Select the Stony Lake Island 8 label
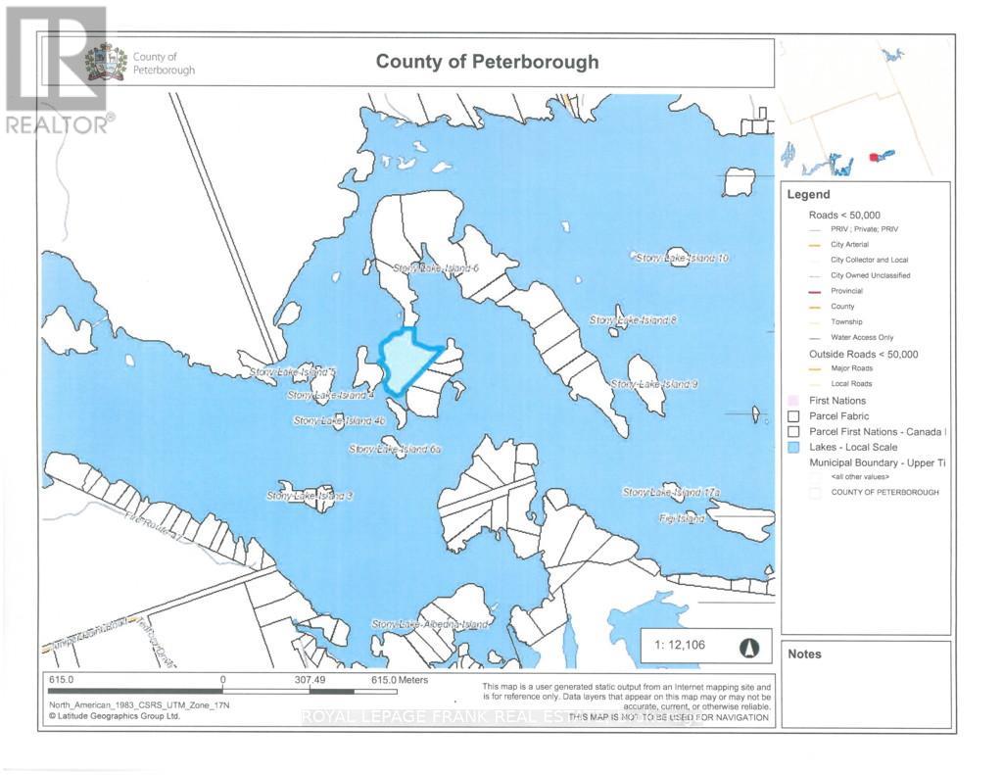[x=633, y=320]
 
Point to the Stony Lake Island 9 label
[x=653, y=384]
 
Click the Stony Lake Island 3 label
[x=309, y=496]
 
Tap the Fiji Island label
[x=682, y=518]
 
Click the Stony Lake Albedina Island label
[x=429, y=624]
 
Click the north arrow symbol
[x=749, y=646]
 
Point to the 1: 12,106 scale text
[x=680, y=646]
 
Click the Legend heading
[x=808, y=194]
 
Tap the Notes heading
[x=804, y=654]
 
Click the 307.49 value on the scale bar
[x=309, y=679]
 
